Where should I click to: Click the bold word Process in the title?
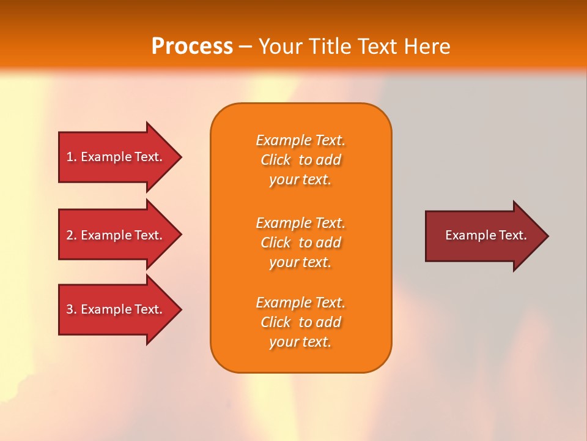192,47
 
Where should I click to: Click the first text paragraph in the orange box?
300,160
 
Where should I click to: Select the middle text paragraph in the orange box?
300,243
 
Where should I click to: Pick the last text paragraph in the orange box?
300,322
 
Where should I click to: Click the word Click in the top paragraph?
276,160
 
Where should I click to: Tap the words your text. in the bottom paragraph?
300,342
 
